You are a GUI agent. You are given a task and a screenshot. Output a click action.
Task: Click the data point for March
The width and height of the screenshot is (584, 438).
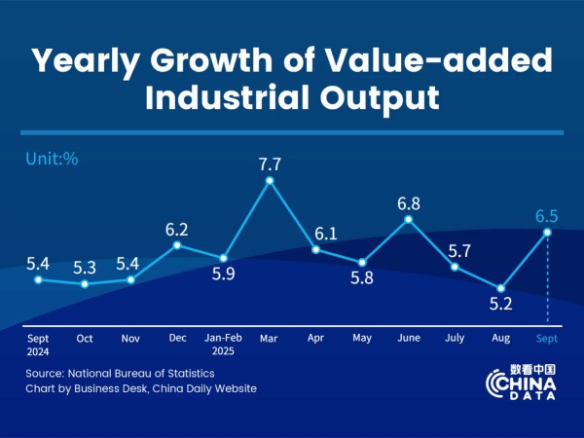[270, 180]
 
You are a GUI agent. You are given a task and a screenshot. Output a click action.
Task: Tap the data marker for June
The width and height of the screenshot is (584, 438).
[408, 219]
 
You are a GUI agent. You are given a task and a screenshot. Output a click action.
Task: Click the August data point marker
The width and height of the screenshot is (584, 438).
[500, 288]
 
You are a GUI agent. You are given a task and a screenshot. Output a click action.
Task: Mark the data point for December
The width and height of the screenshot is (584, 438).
[177, 245]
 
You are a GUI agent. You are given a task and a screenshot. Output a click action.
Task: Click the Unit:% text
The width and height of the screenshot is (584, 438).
[51, 158]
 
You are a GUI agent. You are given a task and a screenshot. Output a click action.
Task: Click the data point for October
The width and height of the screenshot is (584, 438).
[85, 284]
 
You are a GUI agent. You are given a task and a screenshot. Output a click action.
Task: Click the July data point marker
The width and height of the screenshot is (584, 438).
[455, 265]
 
